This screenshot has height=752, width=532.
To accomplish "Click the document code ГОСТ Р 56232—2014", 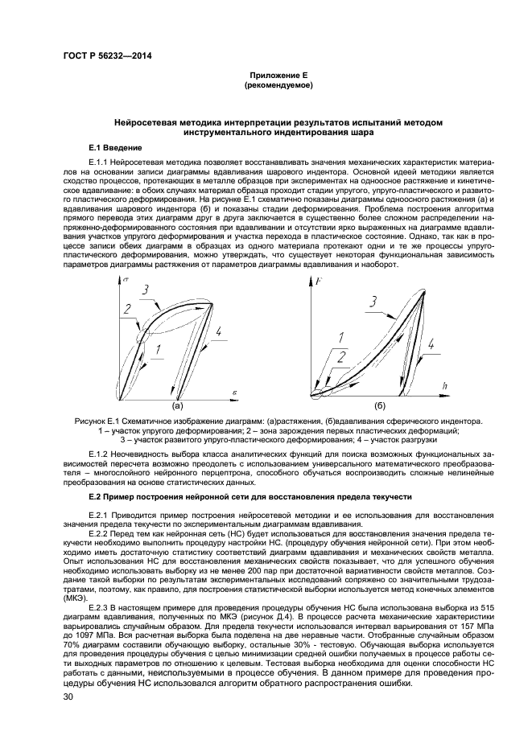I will tap(107, 55).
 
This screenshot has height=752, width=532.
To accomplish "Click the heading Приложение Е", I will tap(278, 74).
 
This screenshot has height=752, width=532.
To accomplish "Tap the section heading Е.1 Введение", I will tap(115, 149).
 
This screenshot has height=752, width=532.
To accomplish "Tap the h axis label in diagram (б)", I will tap(444, 387).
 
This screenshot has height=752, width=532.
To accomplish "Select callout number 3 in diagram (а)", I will tap(145, 290).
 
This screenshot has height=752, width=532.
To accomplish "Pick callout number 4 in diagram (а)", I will tap(218, 331).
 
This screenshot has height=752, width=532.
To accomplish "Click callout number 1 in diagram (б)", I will tap(340, 337).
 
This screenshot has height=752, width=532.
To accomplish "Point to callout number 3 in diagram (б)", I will tap(373, 302).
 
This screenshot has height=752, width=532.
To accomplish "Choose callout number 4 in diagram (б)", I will tap(431, 343).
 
